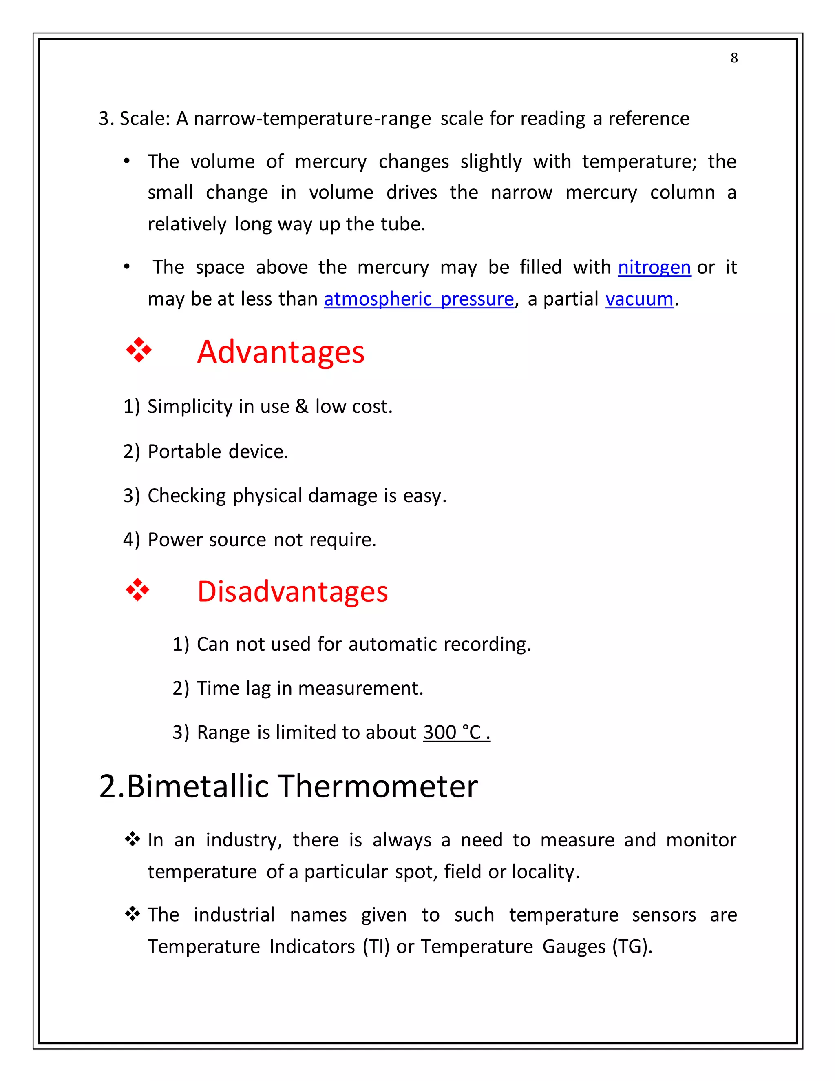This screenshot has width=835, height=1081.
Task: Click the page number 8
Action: [x=733, y=58]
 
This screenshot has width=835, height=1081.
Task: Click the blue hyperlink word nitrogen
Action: [x=654, y=267]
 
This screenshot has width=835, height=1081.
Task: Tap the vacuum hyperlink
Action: [x=639, y=299]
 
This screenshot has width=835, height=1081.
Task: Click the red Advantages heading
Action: [x=281, y=352]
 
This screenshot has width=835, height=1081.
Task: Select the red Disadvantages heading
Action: [x=292, y=591]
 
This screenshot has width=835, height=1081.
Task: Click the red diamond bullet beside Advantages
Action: [x=139, y=350]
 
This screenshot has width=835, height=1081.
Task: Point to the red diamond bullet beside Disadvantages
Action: [x=138, y=590]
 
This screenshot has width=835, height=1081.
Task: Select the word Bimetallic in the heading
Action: [x=198, y=786]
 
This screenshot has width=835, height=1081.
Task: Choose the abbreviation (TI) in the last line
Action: [x=376, y=946]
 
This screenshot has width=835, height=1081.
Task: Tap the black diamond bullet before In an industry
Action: [x=132, y=839]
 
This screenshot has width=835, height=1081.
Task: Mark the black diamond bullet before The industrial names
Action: [x=132, y=914]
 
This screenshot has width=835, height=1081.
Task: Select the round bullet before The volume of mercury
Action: [x=127, y=162]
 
